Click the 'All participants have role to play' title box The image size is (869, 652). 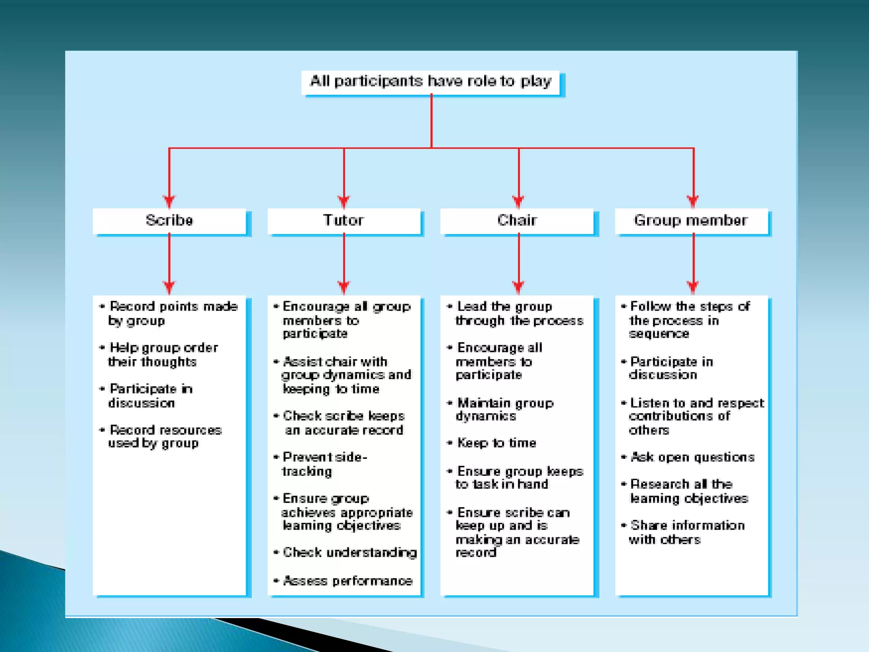click(431, 81)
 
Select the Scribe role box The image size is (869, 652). click(169, 220)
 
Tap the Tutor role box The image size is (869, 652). click(344, 220)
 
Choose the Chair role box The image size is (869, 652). click(517, 220)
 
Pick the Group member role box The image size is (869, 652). click(691, 220)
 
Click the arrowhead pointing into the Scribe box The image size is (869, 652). click(169, 201)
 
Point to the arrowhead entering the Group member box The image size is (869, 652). click(693, 201)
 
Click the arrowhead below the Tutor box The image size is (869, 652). click(344, 287)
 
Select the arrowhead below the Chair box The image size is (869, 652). click(518, 287)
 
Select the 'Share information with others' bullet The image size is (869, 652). click(686, 532)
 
